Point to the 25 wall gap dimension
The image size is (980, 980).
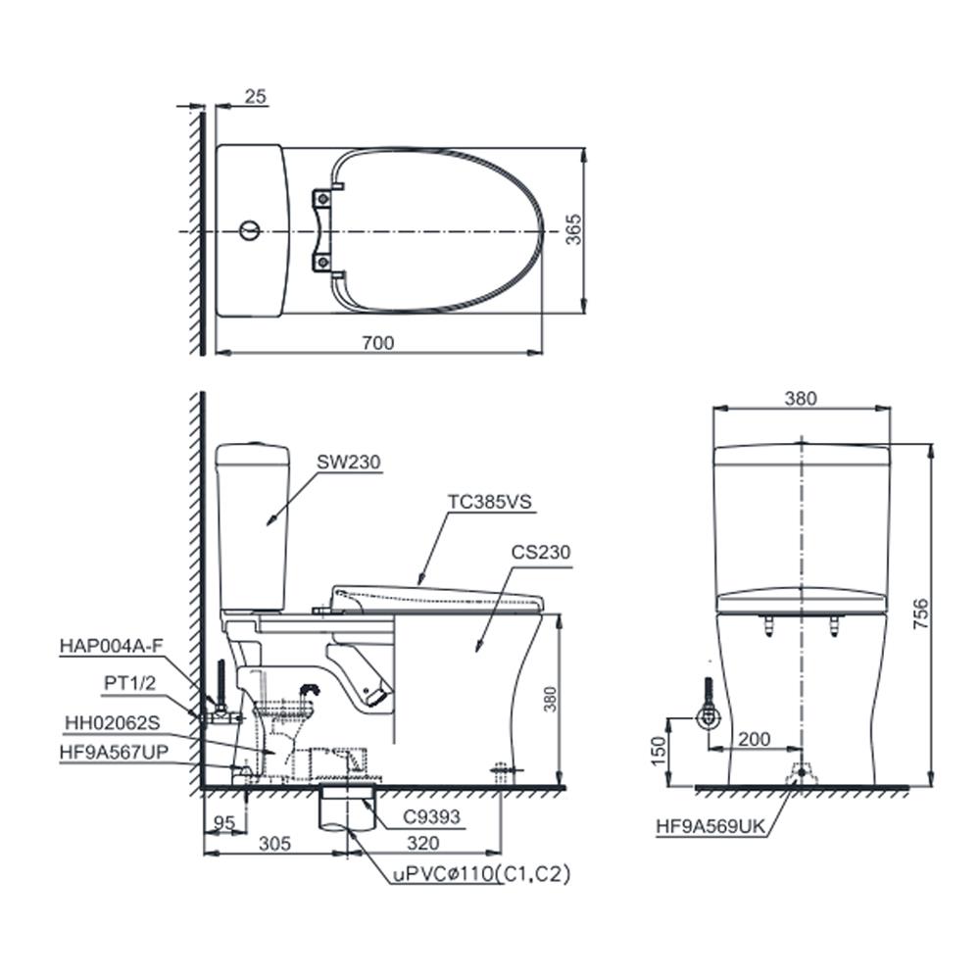coord(255,96)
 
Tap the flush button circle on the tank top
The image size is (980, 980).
coord(250,231)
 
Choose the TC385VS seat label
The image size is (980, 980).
coord(490,502)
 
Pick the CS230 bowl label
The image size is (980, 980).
coord(540,552)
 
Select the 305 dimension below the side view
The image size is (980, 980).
coord(278,844)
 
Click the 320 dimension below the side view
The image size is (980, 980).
coord(423,844)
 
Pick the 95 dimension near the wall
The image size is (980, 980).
coord(223,823)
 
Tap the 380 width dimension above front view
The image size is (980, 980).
coord(801,398)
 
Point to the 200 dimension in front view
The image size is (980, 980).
coord(754,740)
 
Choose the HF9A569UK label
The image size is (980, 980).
coord(710,826)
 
